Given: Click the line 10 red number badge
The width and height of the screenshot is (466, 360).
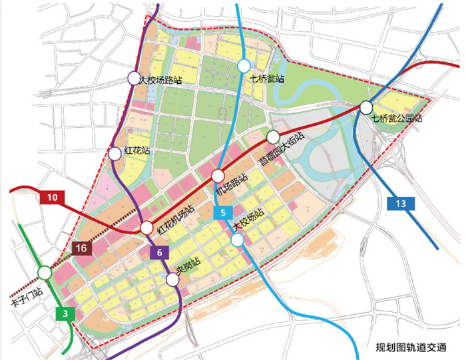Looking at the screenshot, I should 53,198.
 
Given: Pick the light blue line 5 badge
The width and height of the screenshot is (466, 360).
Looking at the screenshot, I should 222,214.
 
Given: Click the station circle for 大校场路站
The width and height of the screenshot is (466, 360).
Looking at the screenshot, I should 134,79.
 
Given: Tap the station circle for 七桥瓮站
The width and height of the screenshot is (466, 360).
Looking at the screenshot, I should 244,66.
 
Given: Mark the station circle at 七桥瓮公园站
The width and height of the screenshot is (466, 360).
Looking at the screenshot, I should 365,107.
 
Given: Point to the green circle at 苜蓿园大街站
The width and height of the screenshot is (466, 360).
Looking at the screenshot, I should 273,137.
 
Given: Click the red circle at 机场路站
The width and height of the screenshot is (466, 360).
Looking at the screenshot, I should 218,176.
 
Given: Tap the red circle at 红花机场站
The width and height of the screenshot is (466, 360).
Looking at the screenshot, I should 146,228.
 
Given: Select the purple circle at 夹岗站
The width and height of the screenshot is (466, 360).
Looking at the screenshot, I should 172,279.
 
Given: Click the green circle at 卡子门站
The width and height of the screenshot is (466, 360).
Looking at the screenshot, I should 45,272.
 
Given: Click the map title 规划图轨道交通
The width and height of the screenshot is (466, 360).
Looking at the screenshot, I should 412,348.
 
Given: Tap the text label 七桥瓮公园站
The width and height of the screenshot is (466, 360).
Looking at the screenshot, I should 397,119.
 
